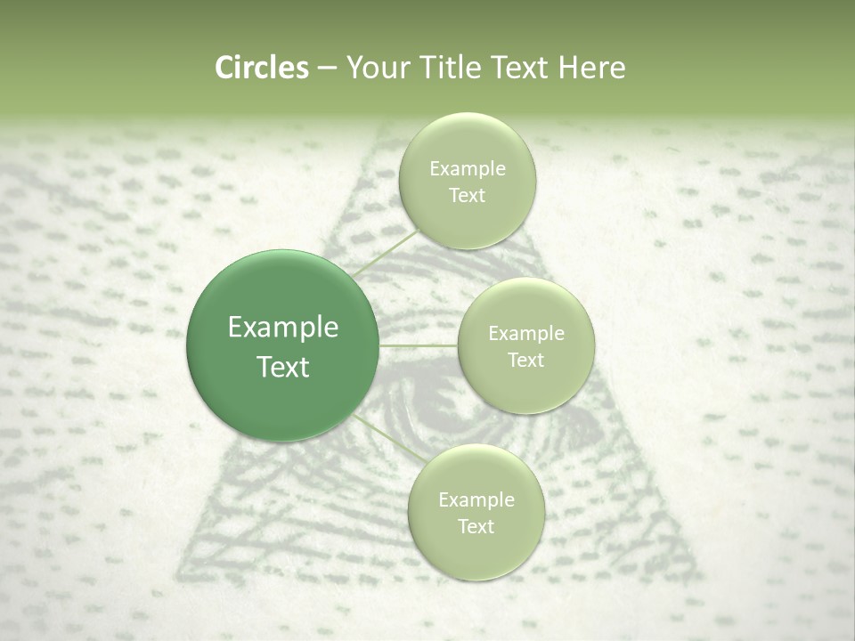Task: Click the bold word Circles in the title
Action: pyautogui.click(x=261, y=68)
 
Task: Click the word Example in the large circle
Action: pyautogui.click(x=282, y=328)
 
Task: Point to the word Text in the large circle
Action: pyautogui.click(x=282, y=367)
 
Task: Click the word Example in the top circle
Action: pyautogui.click(x=467, y=169)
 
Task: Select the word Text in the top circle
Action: pyautogui.click(x=467, y=195)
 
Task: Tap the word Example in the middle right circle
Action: pyautogui.click(x=526, y=334)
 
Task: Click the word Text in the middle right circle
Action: pyautogui.click(x=526, y=360)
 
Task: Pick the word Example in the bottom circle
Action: pyautogui.click(x=476, y=500)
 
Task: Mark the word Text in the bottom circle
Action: pyautogui.click(x=476, y=526)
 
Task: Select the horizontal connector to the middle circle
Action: pyautogui.click(x=419, y=345)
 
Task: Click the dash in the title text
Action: pyautogui.click(x=326, y=68)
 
